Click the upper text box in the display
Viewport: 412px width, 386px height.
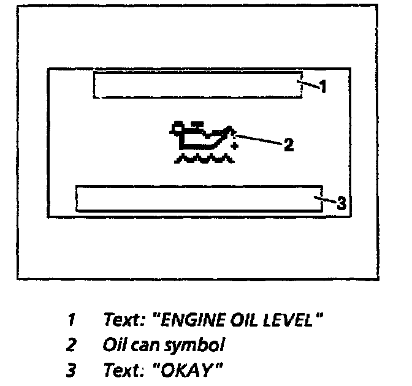(x=197, y=85)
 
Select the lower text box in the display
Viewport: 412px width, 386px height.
(x=199, y=199)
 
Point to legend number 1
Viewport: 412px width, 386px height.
(x=71, y=320)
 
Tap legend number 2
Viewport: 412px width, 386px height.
(x=71, y=346)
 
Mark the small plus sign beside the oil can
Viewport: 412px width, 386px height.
(x=234, y=146)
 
